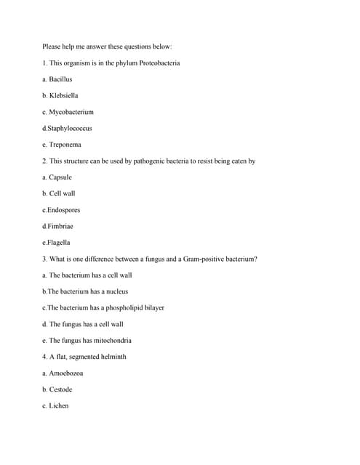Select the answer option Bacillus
tap(60, 79)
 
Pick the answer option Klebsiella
tap(63, 96)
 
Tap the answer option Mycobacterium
tap(71, 112)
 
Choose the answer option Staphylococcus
tap(70, 129)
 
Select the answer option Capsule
tap(60, 177)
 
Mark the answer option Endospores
tap(64, 210)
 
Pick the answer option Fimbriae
tap(61, 227)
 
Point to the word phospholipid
tap(129, 308)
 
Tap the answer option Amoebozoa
tap(65, 373)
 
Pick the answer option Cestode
tap(60, 389)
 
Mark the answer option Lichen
tap(59, 406)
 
